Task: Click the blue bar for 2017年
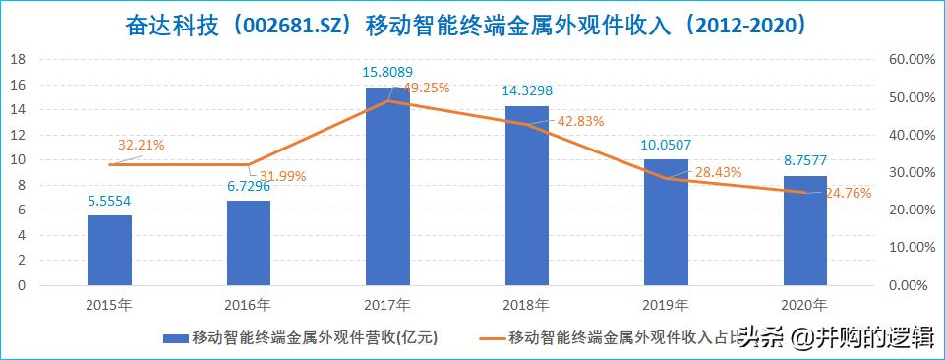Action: tap(387, 187)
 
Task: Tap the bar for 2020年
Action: tap(804, 231)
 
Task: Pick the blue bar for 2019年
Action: tap(666, 222)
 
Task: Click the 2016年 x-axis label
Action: tap(248, 303)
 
